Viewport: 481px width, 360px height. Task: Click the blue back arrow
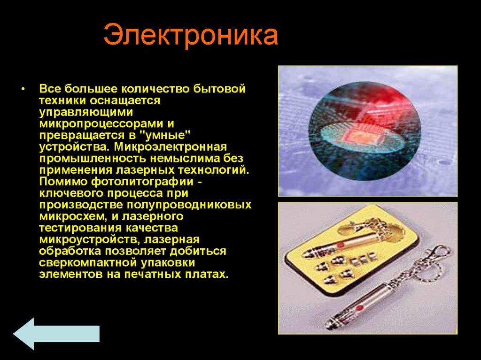[56, 333]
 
